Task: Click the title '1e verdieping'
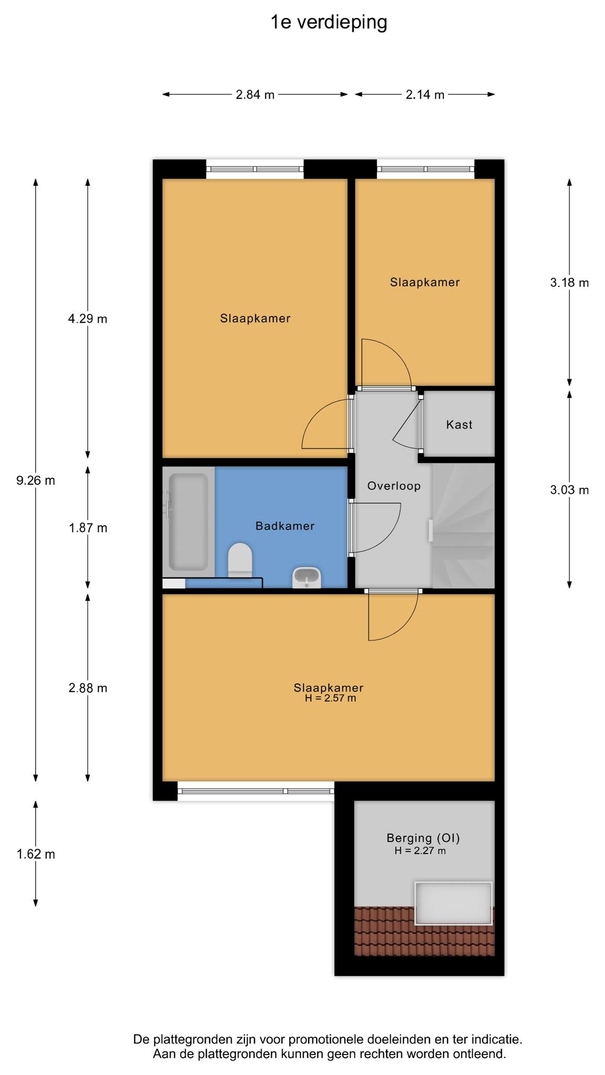pyautogui.click(x=329, y=23)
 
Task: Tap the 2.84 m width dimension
pyautogui.click(x=255, y=94)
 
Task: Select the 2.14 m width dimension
pyautogui.click(x=425, y=94)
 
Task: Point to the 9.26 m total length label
pyautogui.click(x=36, y=480)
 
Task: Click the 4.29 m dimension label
pyautogui.click(x=88, y=319)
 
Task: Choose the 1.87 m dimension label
pyautogui.click(x=88, y=528)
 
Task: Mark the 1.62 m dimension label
pyautogui.click(x=36, y=854)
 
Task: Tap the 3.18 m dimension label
pyautogui.click(x=569, y=283)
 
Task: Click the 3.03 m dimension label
pyautogui.click(x=569, y=490)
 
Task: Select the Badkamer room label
pyautogui.click(x=285, y=526)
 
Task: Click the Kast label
pyautogui.click(x=460, y=425)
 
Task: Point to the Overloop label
pyautogui.click(x=394, y=486)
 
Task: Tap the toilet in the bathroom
pyautogui.click(x=241, y=560)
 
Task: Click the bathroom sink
pyautogui.click(x=307, y=577)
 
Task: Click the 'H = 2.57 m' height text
pyautogui.click(x=330, y=699)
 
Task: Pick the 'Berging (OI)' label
pyautogui.click(x=423, y=838)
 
